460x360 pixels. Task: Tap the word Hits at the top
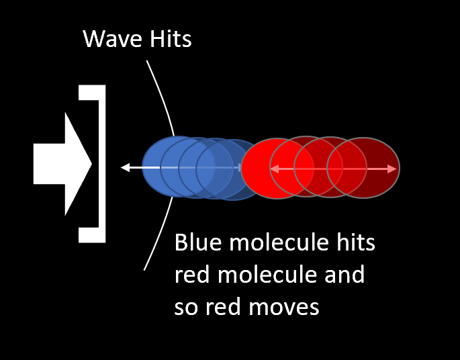pyautogui.click(x=171, y=39)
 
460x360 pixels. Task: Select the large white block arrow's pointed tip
pyautogui.click(x=91, y=164)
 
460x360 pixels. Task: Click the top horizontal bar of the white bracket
pyautogui.click(x=92, y=93)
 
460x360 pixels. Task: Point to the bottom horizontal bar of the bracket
pyautogui.click(x=92, y=235)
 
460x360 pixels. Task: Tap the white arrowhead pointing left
pyautogui.click(x=126, y=167)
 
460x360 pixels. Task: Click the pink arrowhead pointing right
pyautogui.click(x=392, y=169)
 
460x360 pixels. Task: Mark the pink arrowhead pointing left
pyautogui.click(x=275, y=169)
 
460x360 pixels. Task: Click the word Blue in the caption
pyautogui.click(x=198, y=242)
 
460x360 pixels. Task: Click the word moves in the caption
pyautogui.click(x=284, y=308)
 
